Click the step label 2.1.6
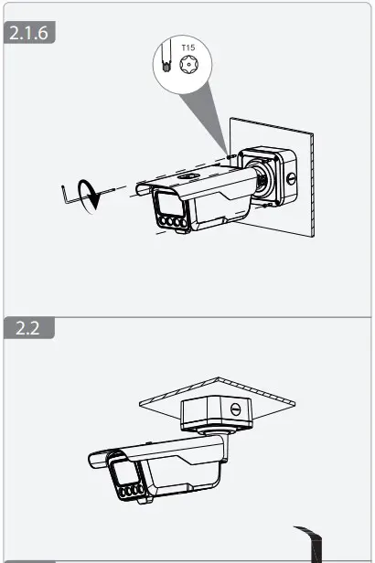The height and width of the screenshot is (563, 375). (31, 35)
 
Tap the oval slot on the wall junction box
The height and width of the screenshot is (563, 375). (292, 175)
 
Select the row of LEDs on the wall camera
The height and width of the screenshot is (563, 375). (174, 221)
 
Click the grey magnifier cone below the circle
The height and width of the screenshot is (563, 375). (206, 114)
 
